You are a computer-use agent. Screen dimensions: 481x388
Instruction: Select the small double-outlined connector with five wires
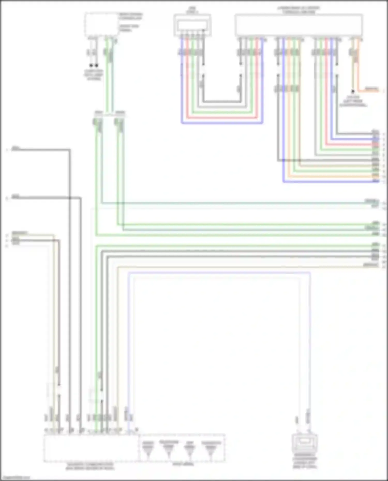[192, 25]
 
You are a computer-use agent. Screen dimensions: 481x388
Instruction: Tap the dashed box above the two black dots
[102, 25]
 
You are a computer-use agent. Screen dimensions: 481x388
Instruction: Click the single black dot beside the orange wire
[353, 91]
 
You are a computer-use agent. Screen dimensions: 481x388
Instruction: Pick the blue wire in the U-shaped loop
[222, 123]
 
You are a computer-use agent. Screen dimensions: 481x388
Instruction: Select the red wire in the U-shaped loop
[222, 118]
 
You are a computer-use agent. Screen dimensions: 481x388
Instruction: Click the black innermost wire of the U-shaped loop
[222, 102]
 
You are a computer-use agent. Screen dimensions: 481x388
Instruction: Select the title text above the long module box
[299, 10]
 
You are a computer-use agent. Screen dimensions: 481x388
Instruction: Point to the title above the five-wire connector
[192, 10]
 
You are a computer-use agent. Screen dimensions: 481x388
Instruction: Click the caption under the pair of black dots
[94, 75]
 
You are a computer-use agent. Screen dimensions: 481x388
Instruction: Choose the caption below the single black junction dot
[353, 101]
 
